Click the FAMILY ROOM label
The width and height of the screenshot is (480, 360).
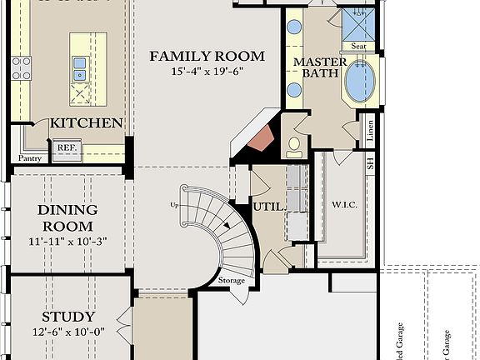[207, 57]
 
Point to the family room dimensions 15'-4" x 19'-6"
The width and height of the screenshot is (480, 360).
[207, 72]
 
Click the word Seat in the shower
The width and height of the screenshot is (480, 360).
[359, 47]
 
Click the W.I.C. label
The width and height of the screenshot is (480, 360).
[345, 205]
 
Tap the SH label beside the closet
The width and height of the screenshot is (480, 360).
[371, 163]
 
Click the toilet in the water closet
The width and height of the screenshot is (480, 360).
[292, 147]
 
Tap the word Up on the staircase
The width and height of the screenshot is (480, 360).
[174, 204]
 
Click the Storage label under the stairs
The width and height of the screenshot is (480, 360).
[232, 281]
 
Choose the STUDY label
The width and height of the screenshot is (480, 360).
[67, 317]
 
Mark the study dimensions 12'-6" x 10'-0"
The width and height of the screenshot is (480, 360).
[67, 332]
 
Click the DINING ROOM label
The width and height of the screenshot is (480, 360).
[67, 217]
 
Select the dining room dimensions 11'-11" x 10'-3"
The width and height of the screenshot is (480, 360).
[67, 242]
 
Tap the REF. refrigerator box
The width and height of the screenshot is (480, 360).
[66, 150]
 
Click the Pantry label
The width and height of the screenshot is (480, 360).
[31, 157]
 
